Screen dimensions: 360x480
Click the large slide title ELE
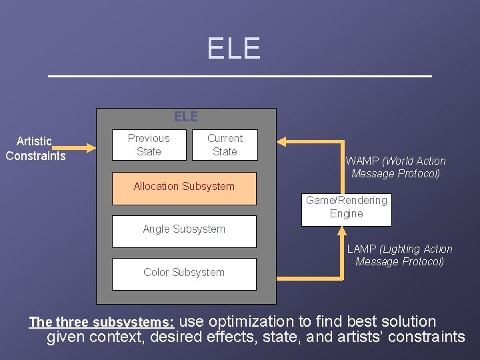tap(233, 49)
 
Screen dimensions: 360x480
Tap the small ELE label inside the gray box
tap(186, 117)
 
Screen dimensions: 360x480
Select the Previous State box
tap(149, 145)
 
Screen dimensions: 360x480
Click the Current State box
tap(225, 145)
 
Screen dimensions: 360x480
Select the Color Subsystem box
tap(184, 273)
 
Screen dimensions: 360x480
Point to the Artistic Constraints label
tap(35, 149)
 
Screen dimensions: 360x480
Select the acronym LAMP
tap(362, 249)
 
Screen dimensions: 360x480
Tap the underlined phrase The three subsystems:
tap(102, 322)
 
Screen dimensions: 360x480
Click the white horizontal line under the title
tap(240, 77)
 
